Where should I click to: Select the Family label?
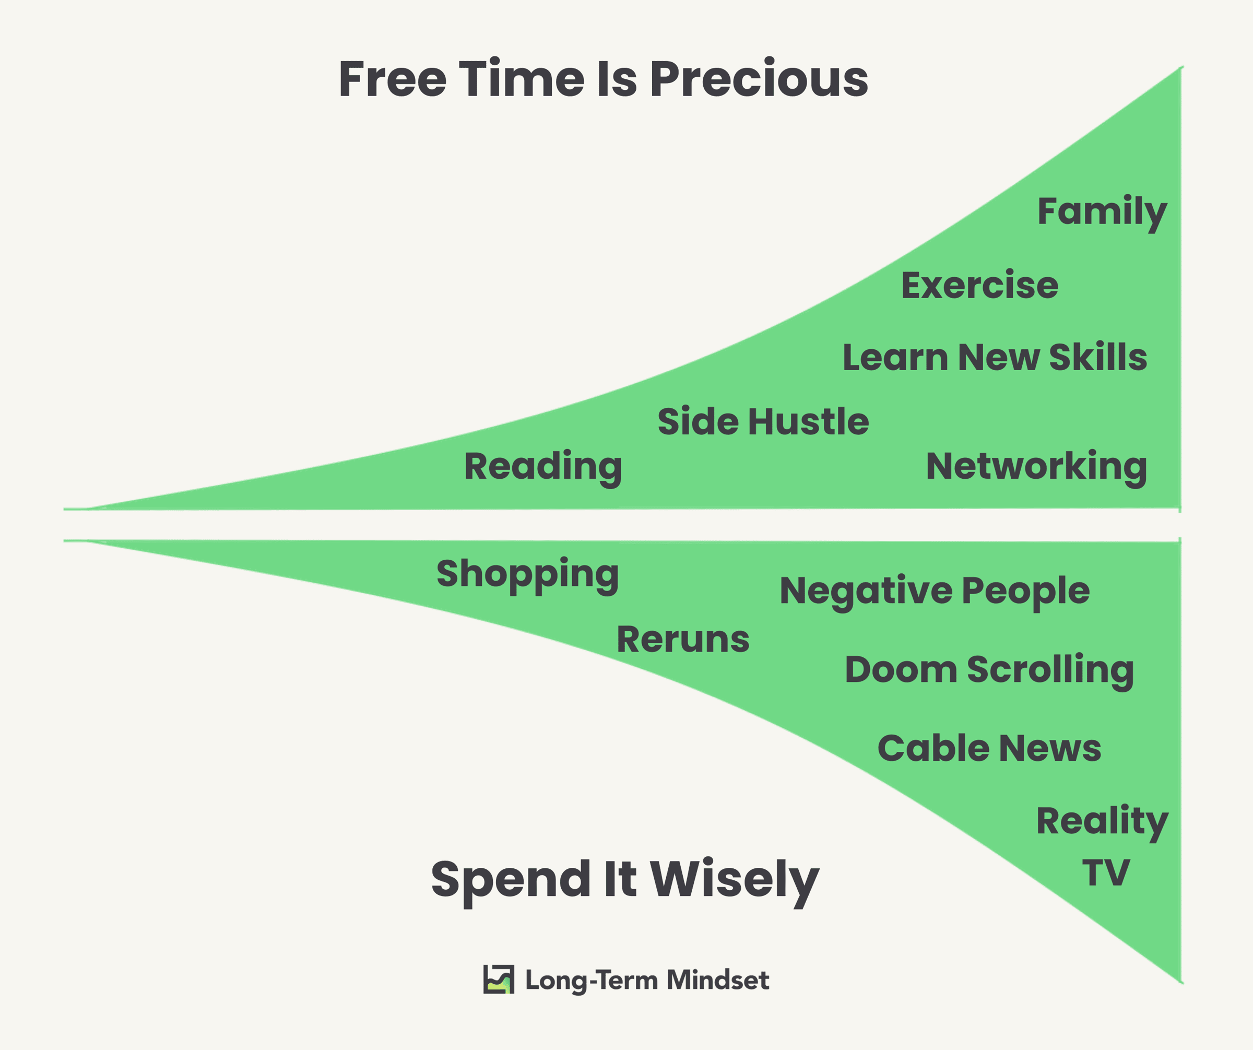1102,213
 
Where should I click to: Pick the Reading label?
543,468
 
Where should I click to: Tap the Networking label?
1036,468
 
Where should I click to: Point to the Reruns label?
682,640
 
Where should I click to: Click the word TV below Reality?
1106,873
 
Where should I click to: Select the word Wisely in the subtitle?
735,880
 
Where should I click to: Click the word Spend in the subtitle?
511,880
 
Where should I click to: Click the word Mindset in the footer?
718,980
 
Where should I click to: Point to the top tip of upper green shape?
1182,66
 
